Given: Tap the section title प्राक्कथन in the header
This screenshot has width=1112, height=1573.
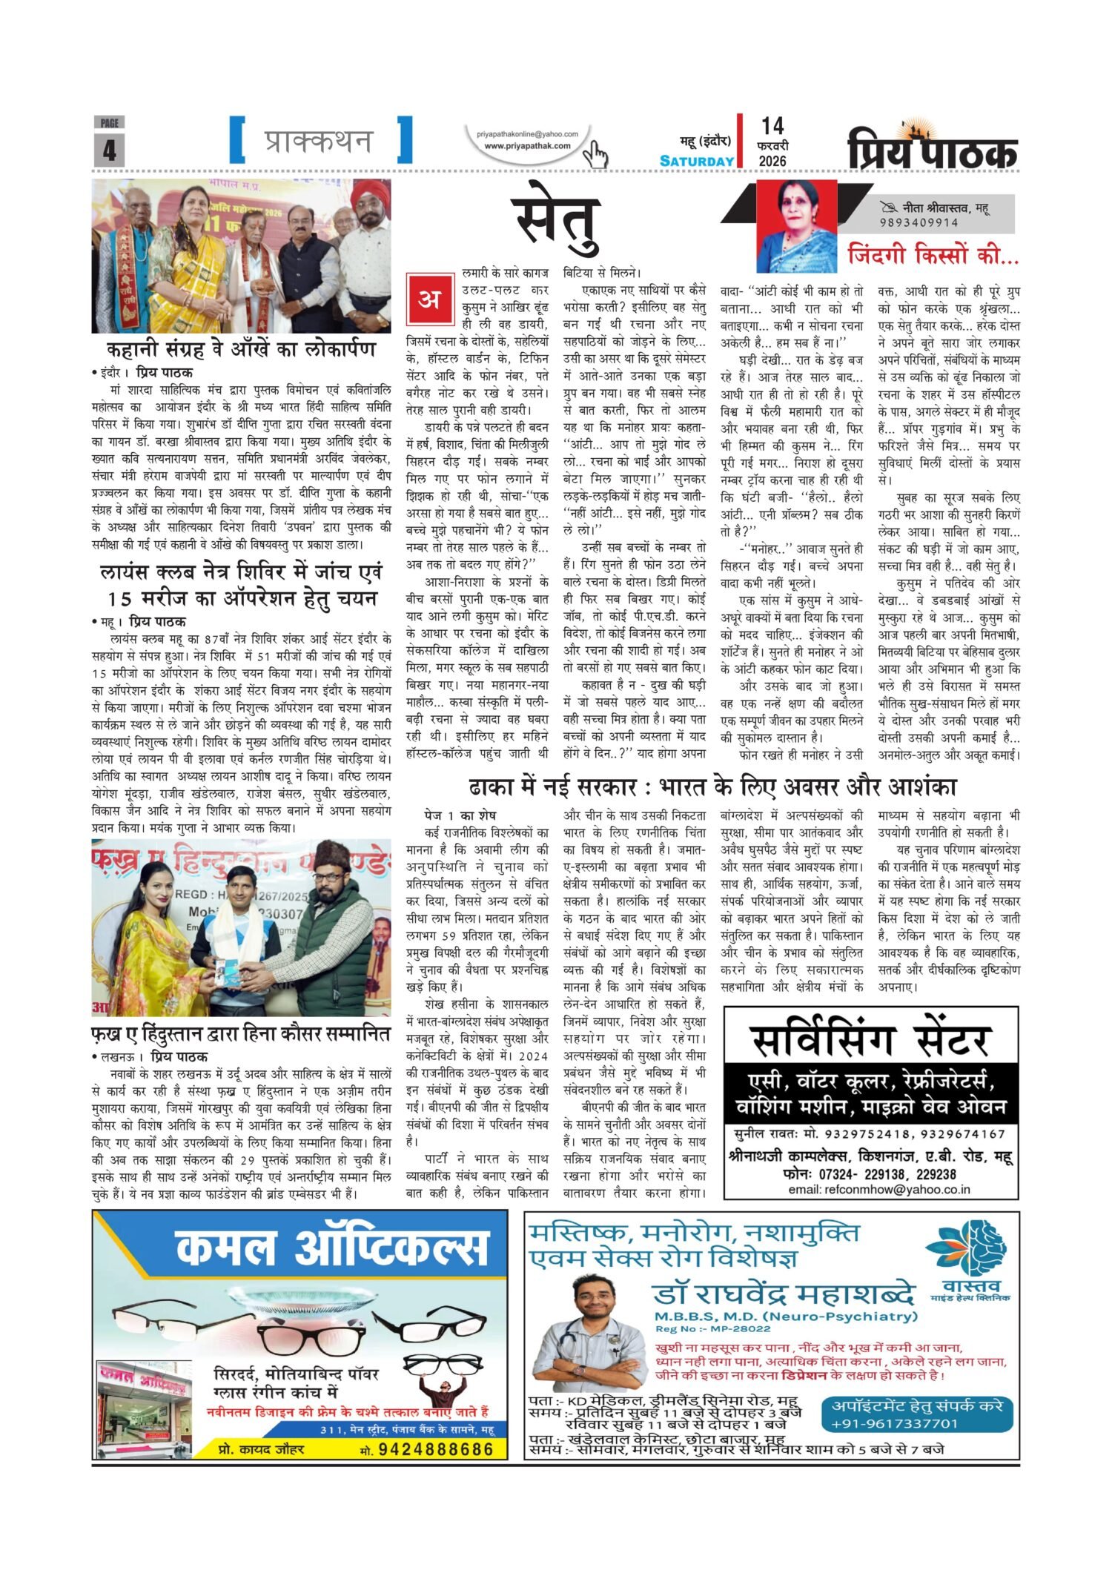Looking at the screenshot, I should click(x=320, y=140).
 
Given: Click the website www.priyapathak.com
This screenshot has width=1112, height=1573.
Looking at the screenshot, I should click(x=527, y=146).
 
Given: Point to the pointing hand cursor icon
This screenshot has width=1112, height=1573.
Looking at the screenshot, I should click(x=595, y=155).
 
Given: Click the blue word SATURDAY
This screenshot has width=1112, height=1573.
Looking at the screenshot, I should click(x=697, y=161).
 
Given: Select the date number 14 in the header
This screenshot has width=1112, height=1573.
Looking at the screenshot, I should click(x=772, y=126).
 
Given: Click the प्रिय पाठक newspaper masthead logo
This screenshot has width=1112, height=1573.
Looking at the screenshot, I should click(x=933, y=148).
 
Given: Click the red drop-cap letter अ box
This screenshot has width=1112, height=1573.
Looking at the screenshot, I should click(x=428, y=299).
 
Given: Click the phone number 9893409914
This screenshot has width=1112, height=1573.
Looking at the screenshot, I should click(x=919, y=222).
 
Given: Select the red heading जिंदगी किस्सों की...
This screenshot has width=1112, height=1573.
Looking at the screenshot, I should click(x=933, y=254).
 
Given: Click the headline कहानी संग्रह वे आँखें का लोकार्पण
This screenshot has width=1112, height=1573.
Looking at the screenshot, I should click(x=241, y=350).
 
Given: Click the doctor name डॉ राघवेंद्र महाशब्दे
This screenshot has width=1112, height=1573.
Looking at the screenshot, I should click(x=784, y=1295).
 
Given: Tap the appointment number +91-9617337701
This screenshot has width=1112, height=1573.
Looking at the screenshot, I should click(x=895, y=1424).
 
